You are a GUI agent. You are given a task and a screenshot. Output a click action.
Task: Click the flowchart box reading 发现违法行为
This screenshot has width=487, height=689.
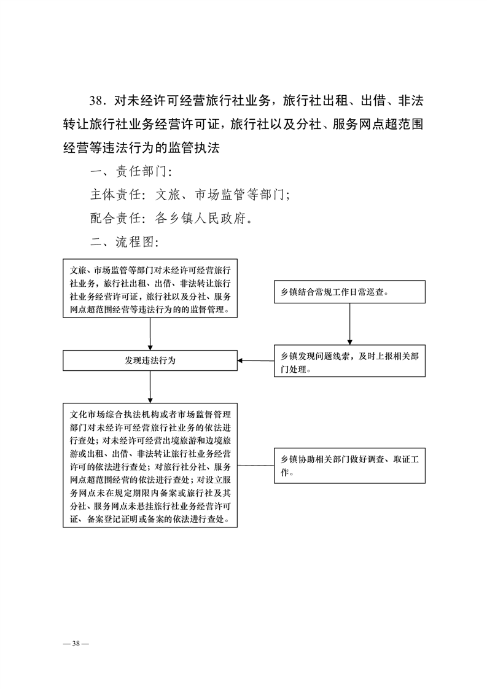click(x=150, y=360)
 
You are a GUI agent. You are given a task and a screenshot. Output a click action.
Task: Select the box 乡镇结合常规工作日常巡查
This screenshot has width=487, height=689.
click(x=349, y=292)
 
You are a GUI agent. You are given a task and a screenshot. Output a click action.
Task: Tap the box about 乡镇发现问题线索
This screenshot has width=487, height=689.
click(x=349, y=360)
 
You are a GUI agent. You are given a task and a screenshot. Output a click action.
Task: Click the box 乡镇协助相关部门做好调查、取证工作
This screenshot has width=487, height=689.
click(x=349, y=465)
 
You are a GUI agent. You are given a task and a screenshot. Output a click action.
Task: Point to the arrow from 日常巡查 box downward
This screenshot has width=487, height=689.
click(x=350, y=324)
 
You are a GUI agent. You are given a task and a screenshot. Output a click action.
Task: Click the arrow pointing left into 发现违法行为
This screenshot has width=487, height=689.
click(x=256, y=360)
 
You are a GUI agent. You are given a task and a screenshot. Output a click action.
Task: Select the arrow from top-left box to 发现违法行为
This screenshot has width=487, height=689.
click(x=150, y=334)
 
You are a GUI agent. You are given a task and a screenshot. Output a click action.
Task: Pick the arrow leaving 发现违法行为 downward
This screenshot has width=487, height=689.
click(x=150, y=387)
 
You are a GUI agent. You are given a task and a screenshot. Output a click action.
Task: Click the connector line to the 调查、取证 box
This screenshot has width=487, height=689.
click(x=256, y=465)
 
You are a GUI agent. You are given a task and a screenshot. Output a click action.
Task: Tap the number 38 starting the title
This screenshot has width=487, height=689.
click(x=96, y=101)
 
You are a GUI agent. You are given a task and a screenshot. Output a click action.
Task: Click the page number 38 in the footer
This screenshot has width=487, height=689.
click(x=76, y=644)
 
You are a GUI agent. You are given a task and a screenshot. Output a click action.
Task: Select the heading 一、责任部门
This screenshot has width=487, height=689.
click(x=131, y=171)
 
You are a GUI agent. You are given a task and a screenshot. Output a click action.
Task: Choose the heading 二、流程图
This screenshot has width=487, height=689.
click(x=125, y=241)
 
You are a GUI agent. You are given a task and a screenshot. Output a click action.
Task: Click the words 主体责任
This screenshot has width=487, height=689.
click(x=115, y=194)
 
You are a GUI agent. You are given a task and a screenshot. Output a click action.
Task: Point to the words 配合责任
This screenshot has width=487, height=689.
click(x=115, y=218)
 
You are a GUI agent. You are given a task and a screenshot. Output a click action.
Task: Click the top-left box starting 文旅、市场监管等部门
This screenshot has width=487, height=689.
click(x=150, y=288)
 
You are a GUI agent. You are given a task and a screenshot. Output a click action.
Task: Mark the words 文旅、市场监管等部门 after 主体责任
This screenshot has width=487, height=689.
click(x=220, y=194)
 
